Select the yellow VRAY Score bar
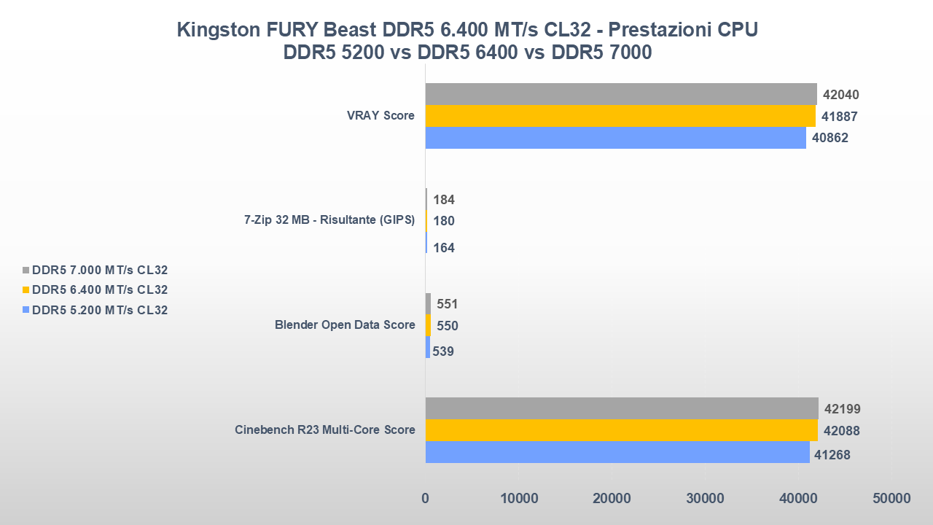click(620, 116)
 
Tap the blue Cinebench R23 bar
click(617, 452)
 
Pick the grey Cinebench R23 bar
click(622, 408)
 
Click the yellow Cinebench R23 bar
click(621, 430)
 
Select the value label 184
click(444, 199)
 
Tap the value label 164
click(444, 248)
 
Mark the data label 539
click(444, 351)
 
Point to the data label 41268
click(832, 455)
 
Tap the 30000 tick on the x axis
click(705, 499)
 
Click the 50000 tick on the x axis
click(891, 499)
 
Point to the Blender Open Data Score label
click(345, 325)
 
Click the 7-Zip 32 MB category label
click(329, 220)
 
